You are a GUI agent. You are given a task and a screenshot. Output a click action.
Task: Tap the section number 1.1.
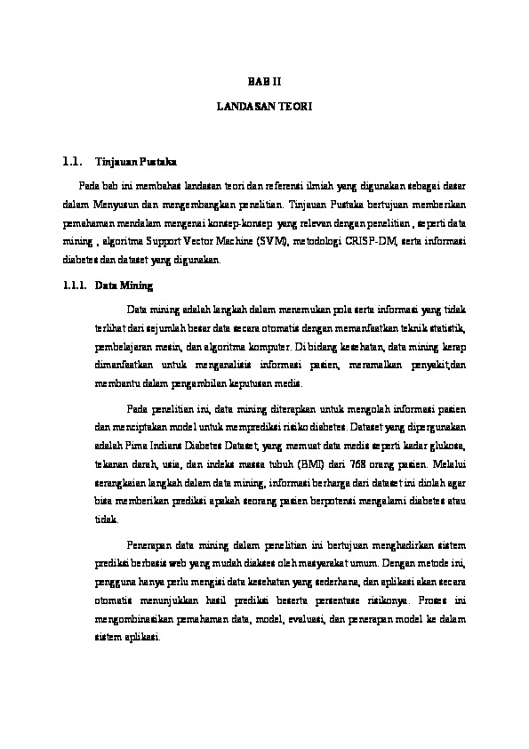pos(72,163)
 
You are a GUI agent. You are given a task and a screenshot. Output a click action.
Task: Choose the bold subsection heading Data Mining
pos(124,286)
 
